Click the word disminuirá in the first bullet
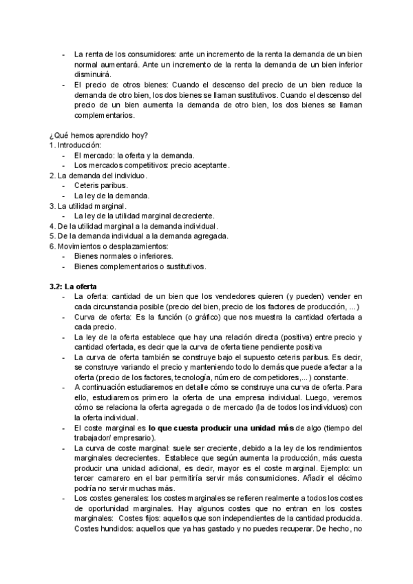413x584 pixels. coord(96,75)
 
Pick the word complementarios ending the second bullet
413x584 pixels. coord(104,116)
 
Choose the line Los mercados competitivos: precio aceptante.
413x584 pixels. coord(151,165)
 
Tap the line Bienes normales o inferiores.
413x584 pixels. coord(123,255)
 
